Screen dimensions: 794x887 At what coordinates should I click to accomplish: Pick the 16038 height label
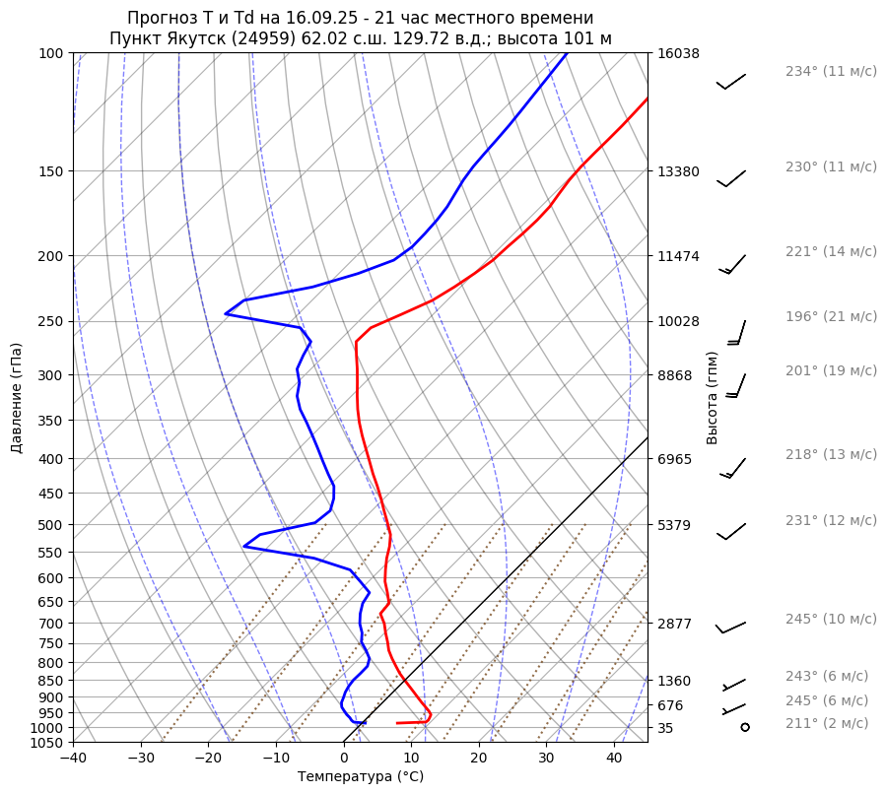click(x=678, y=54)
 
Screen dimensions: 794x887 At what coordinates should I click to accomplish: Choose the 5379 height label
click(x=675, y=525)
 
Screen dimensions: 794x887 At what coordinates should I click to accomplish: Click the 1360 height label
click(x=675, y=681)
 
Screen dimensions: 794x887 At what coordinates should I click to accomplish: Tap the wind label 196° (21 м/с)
click(x=831, y=317)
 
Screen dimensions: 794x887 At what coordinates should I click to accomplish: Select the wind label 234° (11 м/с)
click(x=831, y=72)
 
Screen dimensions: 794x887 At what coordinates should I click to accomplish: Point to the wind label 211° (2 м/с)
click(x=827, y=724)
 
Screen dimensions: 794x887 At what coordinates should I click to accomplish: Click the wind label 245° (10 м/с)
click(x=831, y=620)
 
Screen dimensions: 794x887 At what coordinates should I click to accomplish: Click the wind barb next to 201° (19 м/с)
click(x=736, y=385)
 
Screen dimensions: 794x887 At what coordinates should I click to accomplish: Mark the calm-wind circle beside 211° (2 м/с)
click(x=744, y=727)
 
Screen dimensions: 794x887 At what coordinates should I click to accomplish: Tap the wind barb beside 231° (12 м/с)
click(x=731, y=531)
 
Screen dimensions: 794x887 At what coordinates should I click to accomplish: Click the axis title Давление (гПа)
click(x=17, y=398)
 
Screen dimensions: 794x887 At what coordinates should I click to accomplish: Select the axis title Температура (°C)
click(x=361, y=777)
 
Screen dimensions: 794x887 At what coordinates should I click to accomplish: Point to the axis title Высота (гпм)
click(x=712, y=397)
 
